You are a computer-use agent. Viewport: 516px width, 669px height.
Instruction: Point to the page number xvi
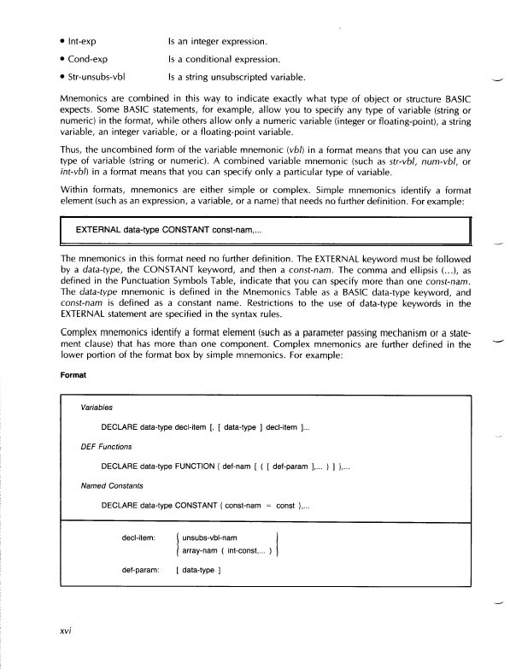tap(59, 632)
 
